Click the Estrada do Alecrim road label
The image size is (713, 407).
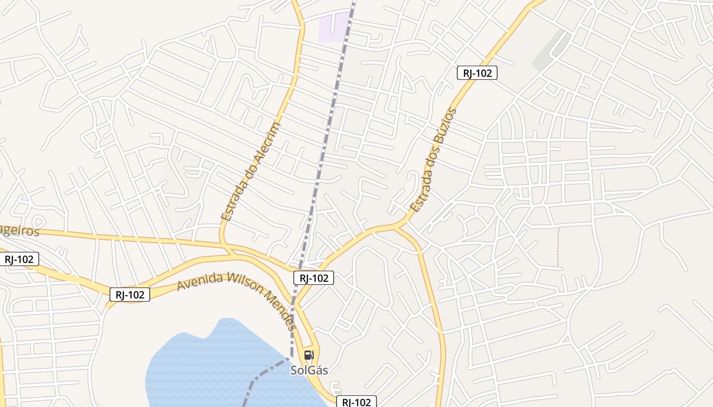(251, 171)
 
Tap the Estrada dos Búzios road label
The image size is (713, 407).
(433, 160)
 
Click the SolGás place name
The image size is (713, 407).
(309, 370)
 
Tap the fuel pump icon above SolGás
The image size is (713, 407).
(309, 355)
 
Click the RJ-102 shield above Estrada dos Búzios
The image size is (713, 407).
(477, 73)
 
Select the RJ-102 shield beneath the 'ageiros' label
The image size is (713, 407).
(19, 259)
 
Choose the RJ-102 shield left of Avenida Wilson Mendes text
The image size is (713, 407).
(130, 294)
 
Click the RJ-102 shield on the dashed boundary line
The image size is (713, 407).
(314, 278)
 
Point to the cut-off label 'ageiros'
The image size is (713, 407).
(19, 231)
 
